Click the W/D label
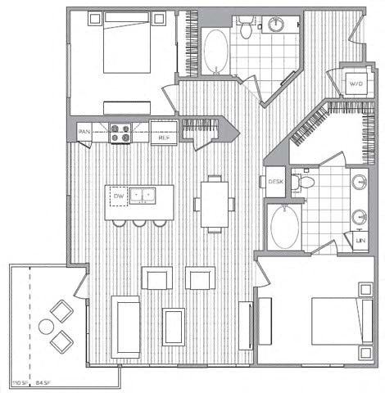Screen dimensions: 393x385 [356, 84]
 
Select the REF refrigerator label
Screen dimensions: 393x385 [164, 138]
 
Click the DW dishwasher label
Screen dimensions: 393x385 [118, 196]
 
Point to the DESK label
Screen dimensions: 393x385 [274, 183]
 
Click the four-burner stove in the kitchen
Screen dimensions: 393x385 [120, 133]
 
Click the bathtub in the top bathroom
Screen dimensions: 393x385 [216, 51]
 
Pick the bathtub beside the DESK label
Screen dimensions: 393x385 [284, 225]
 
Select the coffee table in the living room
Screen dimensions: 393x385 [174, 326]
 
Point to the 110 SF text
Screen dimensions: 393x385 [18, 382]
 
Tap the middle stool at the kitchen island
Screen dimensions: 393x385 [139, 223]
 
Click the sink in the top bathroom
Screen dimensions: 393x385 [274, 25]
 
